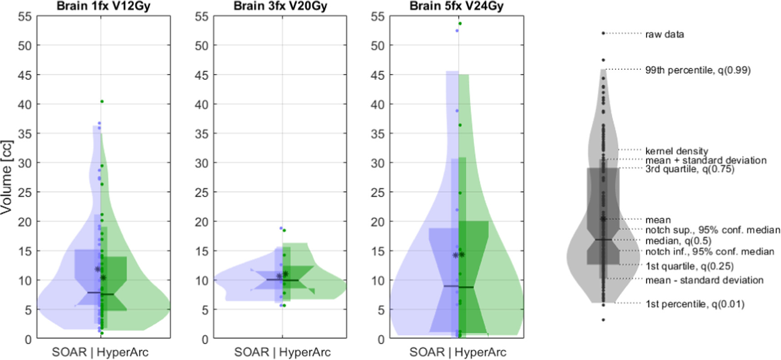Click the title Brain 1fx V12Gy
pos(103,6)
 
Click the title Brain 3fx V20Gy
pos(280,6)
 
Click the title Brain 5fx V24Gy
pos(456,6)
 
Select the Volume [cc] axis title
pos(6,177)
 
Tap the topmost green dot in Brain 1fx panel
pos(102,101)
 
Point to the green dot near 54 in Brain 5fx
pos(460,24)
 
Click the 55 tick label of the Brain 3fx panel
pos(202,17)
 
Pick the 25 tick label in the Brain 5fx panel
pos(378,193)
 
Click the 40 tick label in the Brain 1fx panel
pos(25,105)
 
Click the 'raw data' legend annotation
pos(664,34)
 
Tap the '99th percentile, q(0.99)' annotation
pos(698,70)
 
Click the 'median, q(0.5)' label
pos(678,240)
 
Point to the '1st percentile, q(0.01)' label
pos(695,304)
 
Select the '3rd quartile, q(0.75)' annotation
pos(690,169)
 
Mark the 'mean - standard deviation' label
pos(704,280)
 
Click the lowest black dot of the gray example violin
pos(603,320)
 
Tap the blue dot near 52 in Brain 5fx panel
pos(457,30)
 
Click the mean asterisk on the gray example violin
pos(603,219)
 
